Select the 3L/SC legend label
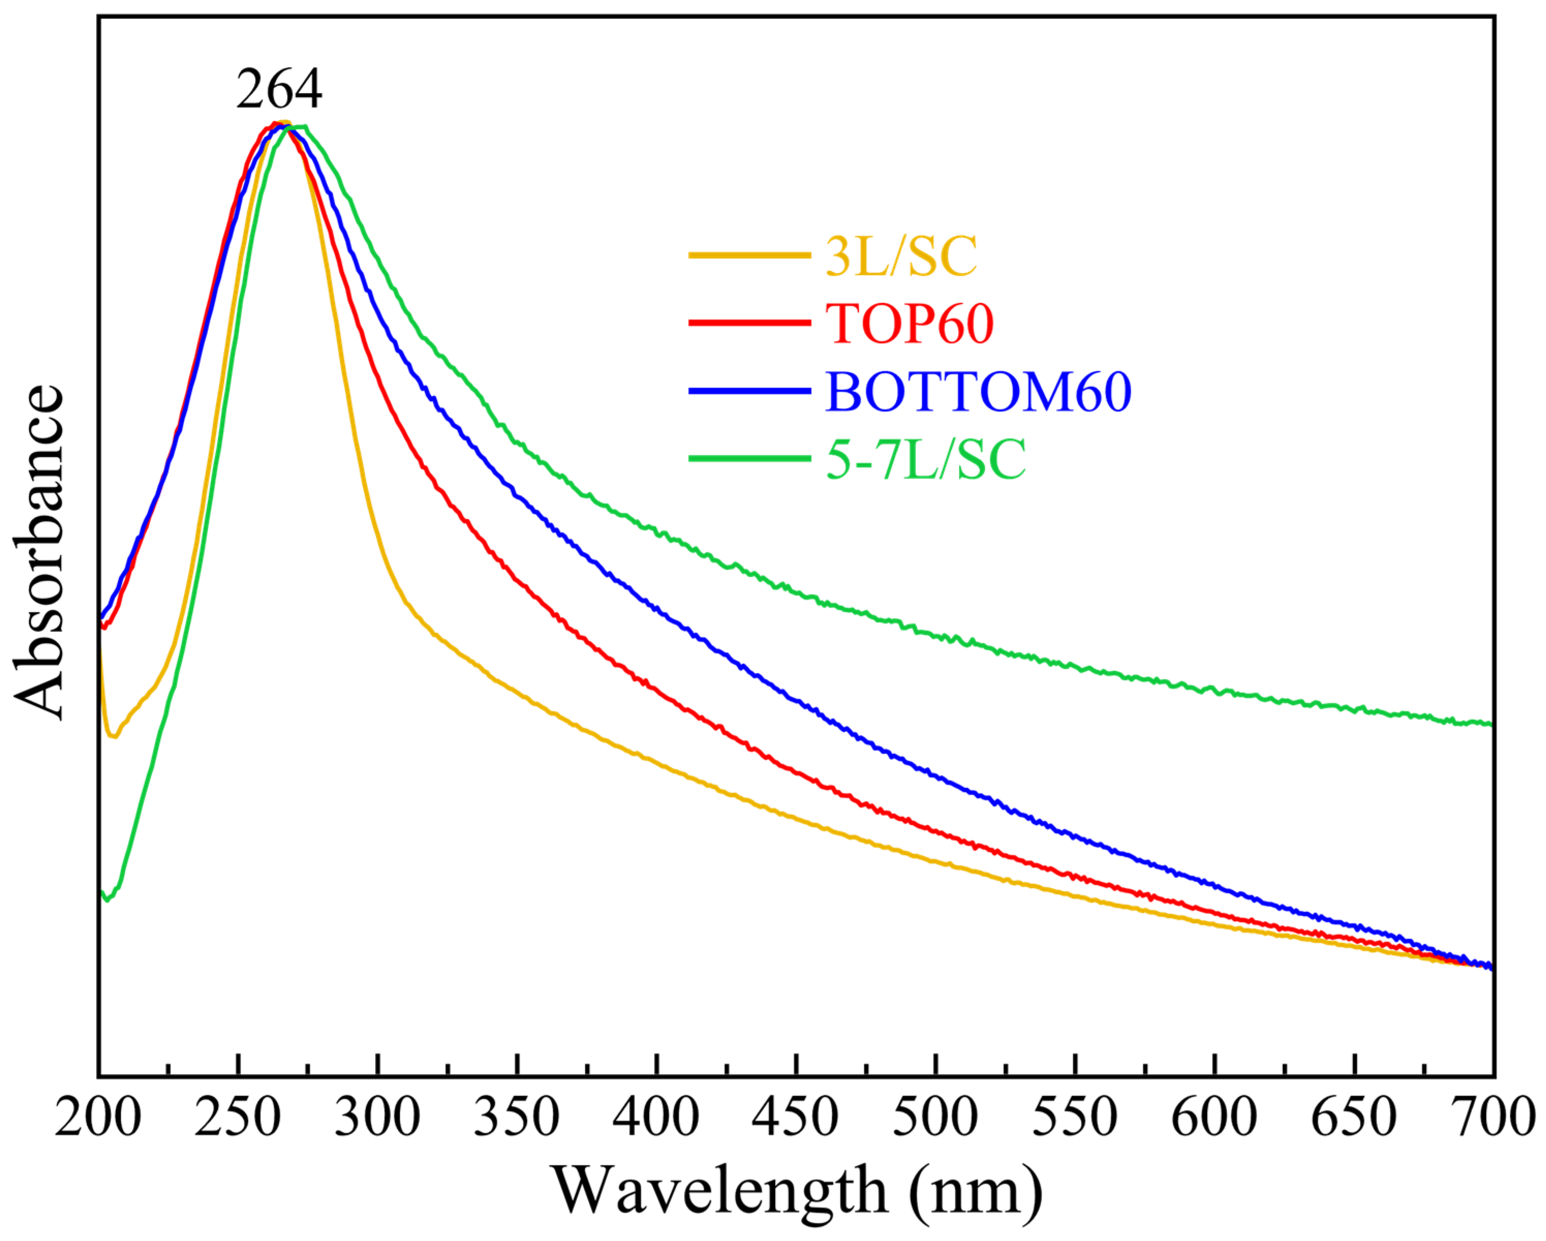pyautogui.click(x=901, y=256)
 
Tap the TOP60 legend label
pyautogui.click(x=909, y=324)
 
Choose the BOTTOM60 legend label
pyautogui.click(x=978, y=392)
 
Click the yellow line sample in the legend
pyautogui.click(x=749, y=255)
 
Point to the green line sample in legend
pyautogui.click(x=749, y=457)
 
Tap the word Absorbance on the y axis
pyautogui.click(x=39, y=553)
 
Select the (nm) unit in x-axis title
pyautogui.click(x=975, y=1191)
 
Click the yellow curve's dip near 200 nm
pyautogui.click(x=112, y=736)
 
